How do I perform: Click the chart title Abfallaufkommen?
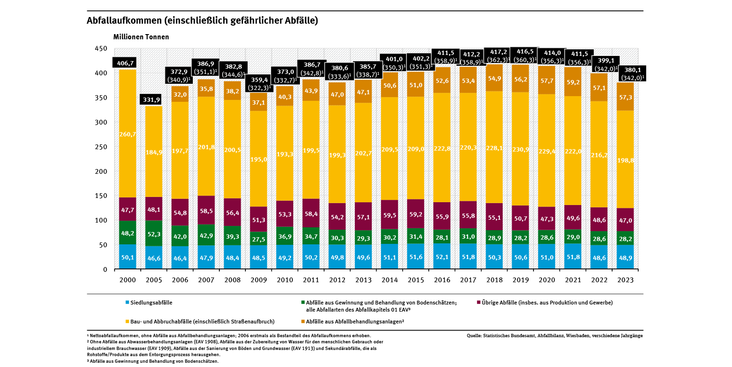(202, 21)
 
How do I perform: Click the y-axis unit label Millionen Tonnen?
(141, 37)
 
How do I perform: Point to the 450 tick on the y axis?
(100, 49)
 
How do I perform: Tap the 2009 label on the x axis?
(259, 280)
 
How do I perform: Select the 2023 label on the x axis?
(625, 280)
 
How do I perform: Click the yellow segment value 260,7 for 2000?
(127, 134)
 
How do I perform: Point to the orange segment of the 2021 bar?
(573, 81)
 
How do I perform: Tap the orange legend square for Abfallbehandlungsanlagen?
(303, 322)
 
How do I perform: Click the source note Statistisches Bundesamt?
(554, 336)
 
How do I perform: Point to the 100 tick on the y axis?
(100, 220)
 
